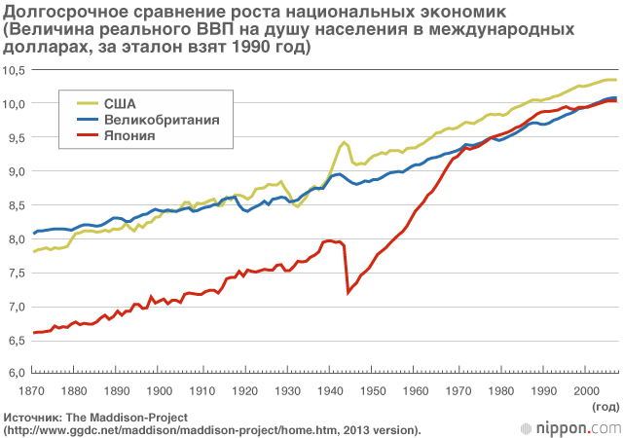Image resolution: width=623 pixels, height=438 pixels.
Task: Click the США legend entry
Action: click(x=121, y=101)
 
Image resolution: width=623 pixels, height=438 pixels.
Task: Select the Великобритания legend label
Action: click(x=160, y=119)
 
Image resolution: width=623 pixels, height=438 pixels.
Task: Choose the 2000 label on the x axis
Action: click(x=585, y=390)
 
